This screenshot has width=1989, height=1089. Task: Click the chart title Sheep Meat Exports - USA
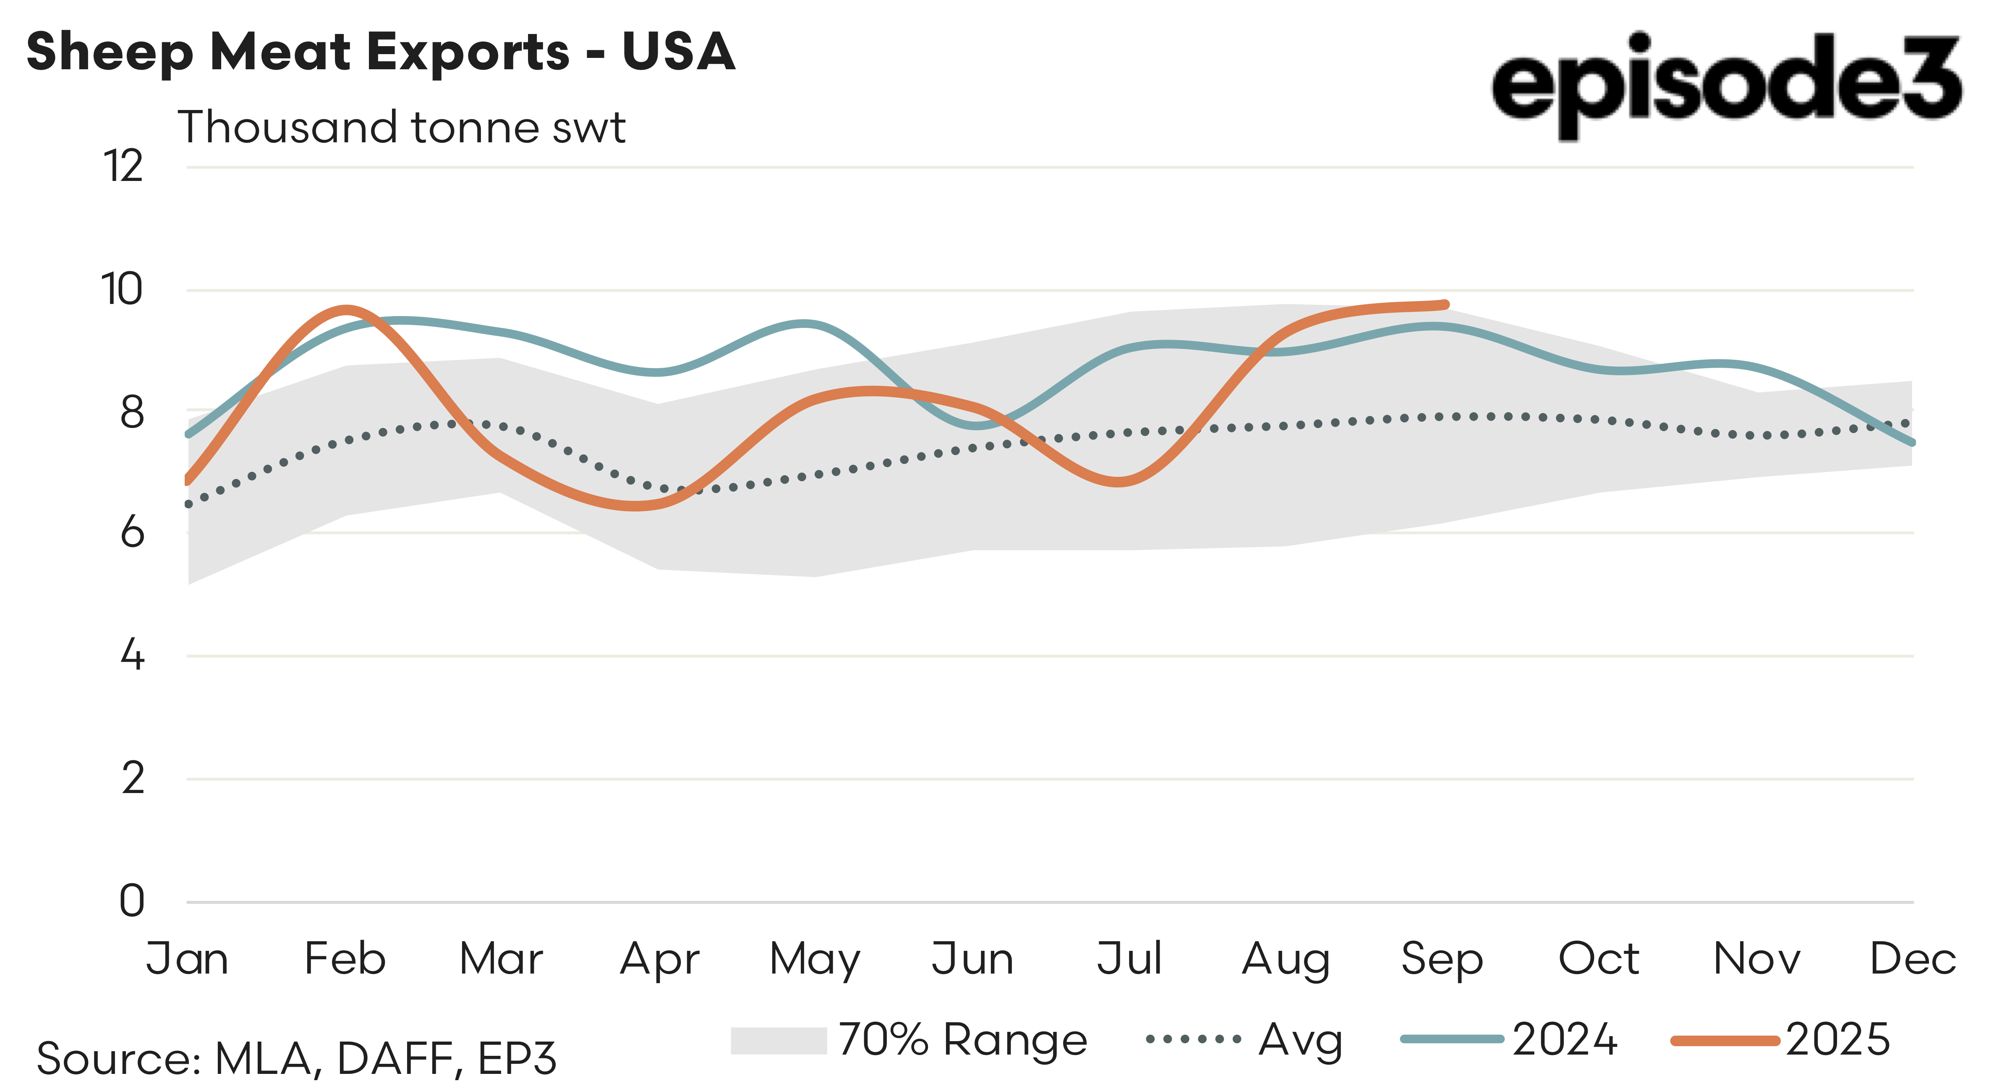(381, 52)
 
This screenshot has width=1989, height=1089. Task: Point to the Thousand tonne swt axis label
(402, 128)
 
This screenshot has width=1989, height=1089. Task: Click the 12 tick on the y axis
(123, 167)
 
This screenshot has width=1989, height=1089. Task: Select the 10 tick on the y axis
(122, 291)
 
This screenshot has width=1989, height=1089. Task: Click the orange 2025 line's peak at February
(347, 310)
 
